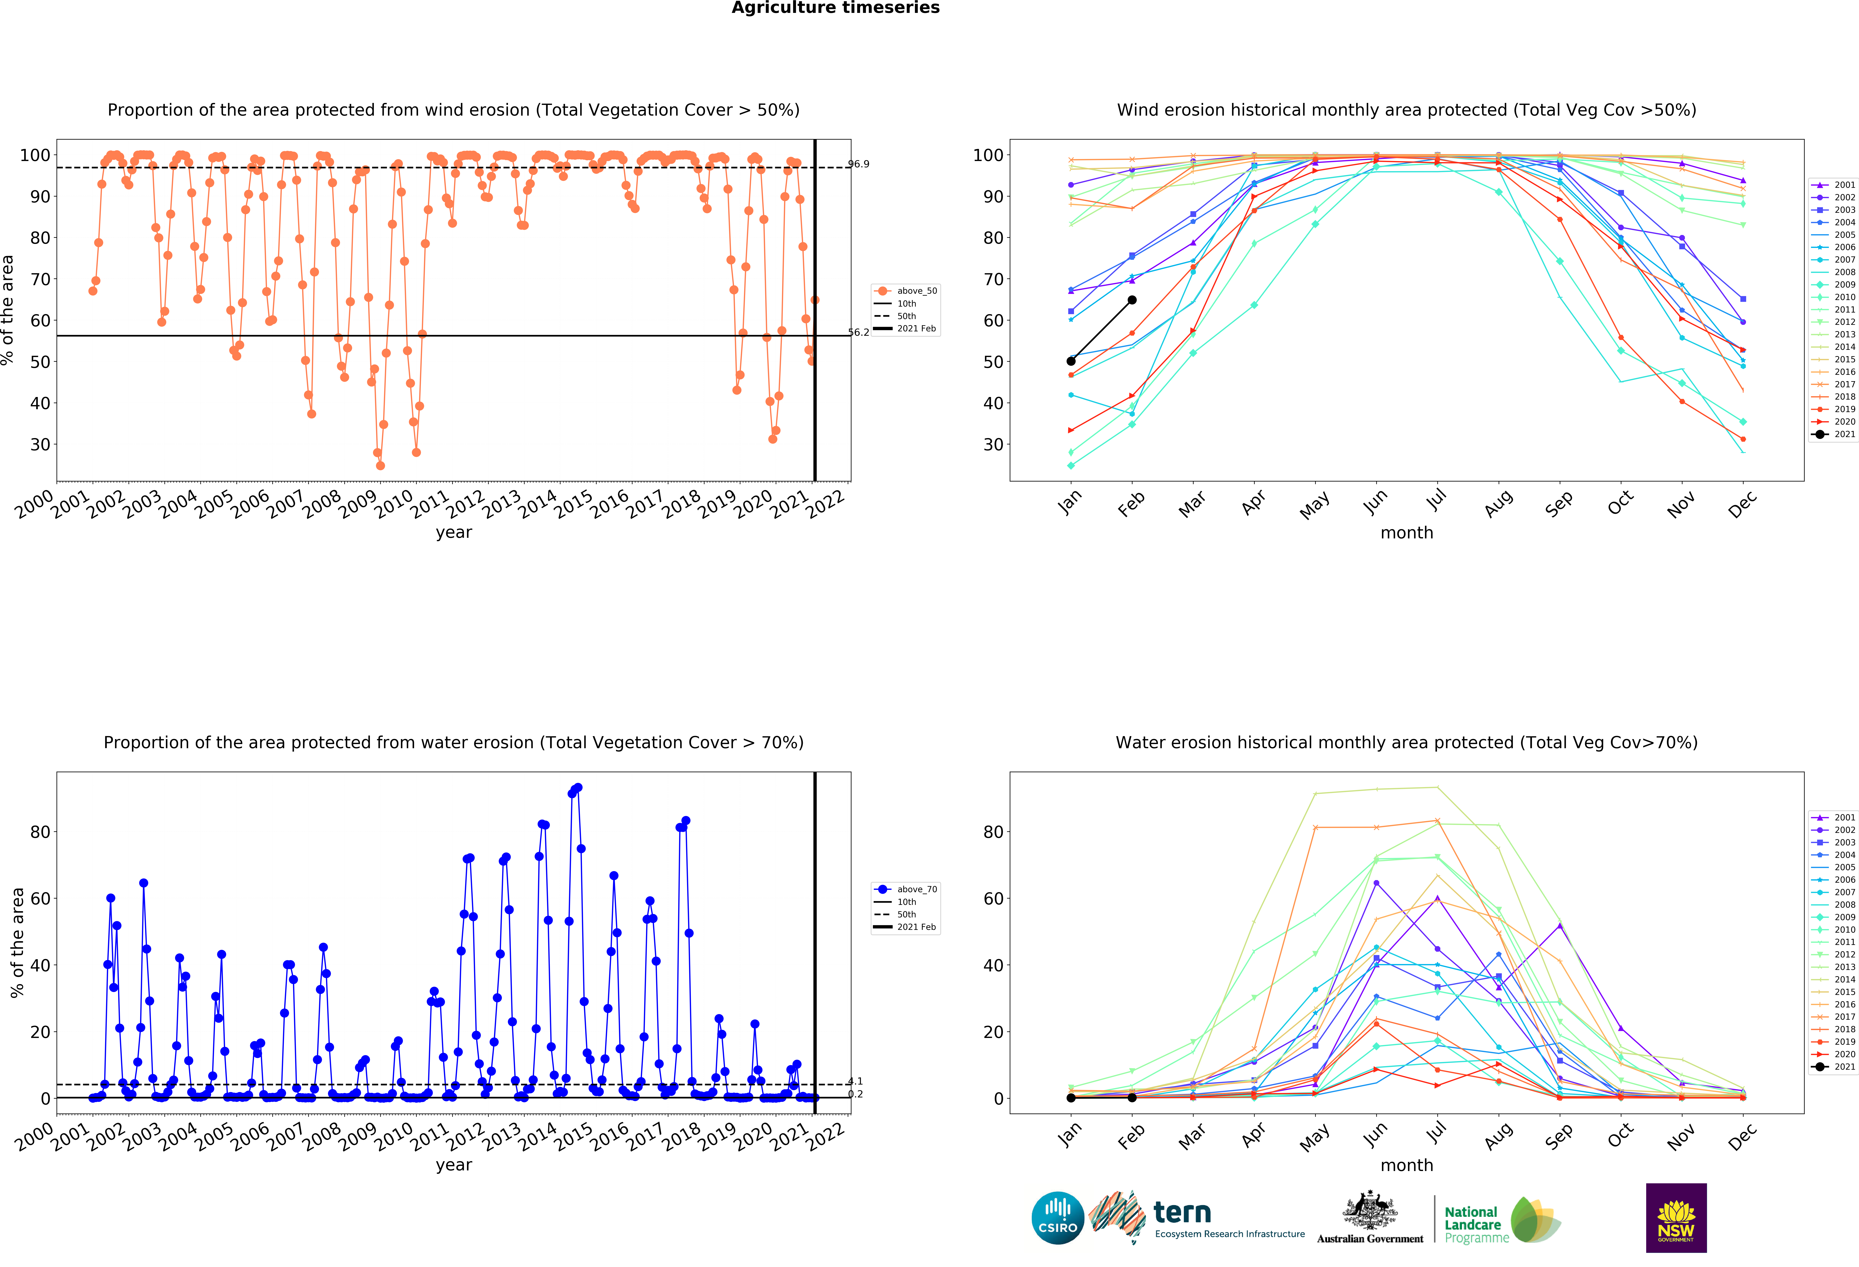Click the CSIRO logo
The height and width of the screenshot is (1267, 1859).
(1058, 1218)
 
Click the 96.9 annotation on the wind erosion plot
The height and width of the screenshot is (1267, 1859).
(858, 164)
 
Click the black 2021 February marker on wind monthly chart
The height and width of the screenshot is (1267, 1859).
(1132, 300)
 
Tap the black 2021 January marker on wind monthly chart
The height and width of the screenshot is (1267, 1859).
(1071, 361)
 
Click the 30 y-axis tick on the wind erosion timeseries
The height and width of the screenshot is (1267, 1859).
(40, 445)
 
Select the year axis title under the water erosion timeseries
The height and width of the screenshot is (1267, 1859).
(454, 1165)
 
